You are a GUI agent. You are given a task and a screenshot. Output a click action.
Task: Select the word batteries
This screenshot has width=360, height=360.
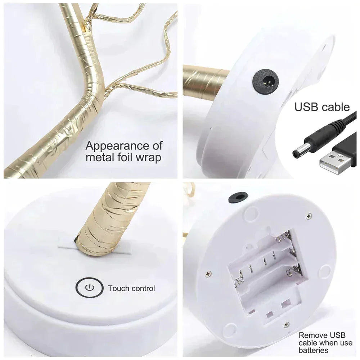[313, 350]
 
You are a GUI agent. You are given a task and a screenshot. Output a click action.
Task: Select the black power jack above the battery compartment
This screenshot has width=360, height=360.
[238, 197]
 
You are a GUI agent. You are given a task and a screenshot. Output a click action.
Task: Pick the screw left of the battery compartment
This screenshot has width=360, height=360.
[208, 274]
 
